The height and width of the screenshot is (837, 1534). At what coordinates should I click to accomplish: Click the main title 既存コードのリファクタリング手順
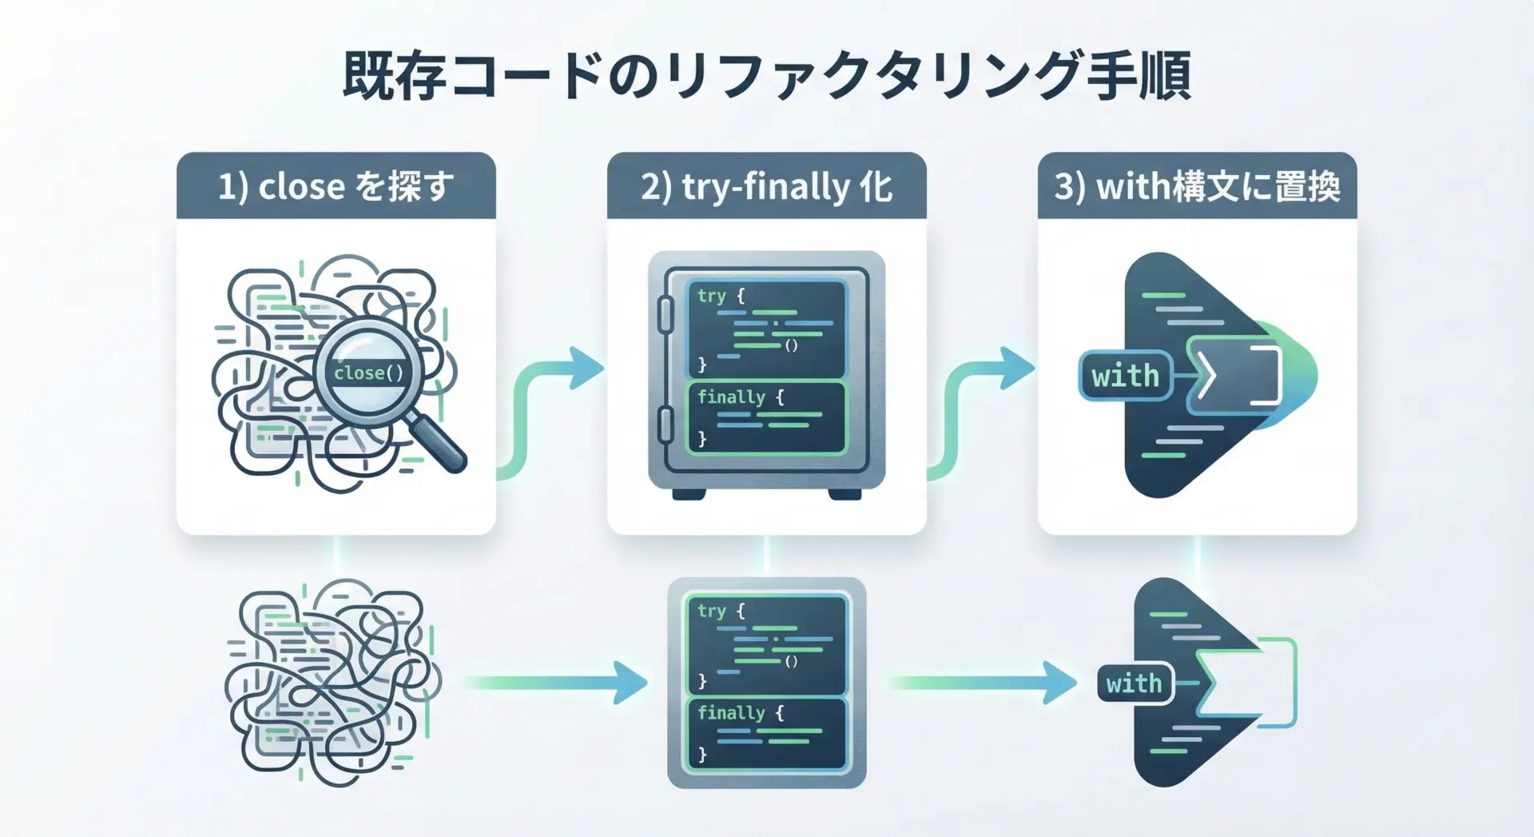pos(767,76)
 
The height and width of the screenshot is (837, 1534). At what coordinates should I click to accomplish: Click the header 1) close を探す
pos(336,186)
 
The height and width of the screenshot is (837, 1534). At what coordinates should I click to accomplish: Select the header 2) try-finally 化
pos(766,186)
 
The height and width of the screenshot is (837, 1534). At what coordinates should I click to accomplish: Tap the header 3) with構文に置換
pos(1197,186)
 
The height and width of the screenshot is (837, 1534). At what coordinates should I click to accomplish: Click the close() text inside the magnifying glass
pos(368,373)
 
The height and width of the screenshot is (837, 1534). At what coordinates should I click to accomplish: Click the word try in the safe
pos(711,296)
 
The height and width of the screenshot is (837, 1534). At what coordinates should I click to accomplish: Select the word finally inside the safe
pos(731,397)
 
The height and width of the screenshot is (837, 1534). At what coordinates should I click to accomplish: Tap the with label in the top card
pos(1125,376)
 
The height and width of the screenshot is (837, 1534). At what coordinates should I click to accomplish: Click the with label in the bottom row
pos(1134,684)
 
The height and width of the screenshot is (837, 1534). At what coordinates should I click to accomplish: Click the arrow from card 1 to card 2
pos(551,400)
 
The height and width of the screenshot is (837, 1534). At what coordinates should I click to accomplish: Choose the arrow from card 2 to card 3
pos(981,400)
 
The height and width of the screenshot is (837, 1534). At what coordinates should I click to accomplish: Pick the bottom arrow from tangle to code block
pos(555,683)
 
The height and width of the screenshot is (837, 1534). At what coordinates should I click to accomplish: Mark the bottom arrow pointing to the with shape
pos(983,683)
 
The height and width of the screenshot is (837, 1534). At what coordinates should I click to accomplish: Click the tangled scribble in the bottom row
pos(332,684)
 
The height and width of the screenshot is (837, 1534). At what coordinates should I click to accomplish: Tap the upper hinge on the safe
pos(665,314)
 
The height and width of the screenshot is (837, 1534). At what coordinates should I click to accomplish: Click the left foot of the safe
pos(688,494)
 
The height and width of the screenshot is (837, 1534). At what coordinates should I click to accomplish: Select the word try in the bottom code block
pos(711,612)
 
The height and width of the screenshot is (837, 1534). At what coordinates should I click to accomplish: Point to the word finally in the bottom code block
pos(731,712)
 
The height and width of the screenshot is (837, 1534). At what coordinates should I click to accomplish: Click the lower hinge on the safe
pos(665,424)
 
